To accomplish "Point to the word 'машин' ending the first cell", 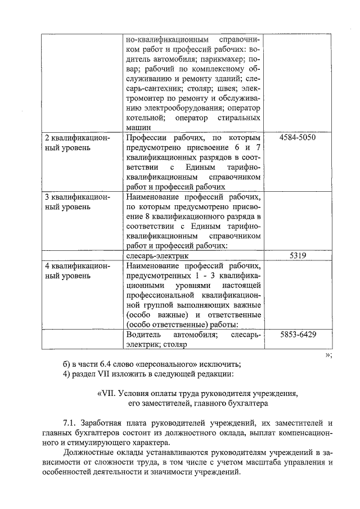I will click(x=138, y=128).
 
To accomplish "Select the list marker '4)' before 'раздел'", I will click(x=67, y=374).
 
